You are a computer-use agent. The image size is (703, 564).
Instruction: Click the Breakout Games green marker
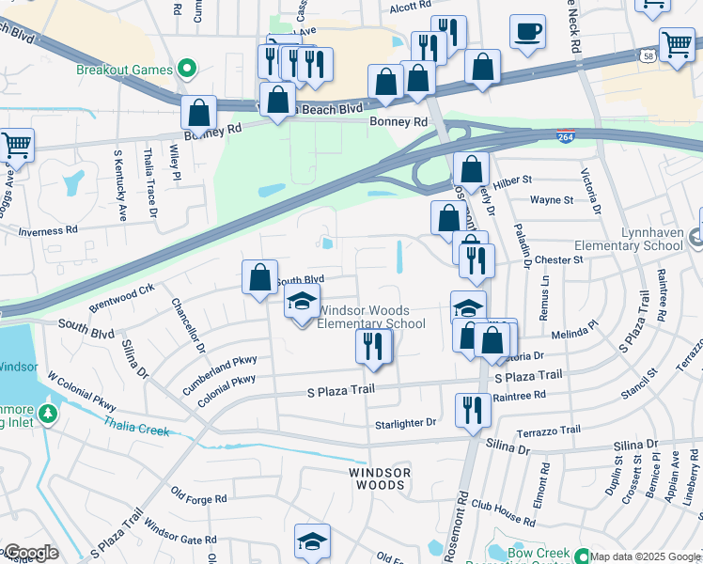point(186,69)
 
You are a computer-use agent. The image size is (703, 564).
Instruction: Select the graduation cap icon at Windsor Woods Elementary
point(302,303)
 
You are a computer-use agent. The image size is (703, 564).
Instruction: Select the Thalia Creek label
point(137,429)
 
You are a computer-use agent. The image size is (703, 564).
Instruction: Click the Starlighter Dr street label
point(405,423)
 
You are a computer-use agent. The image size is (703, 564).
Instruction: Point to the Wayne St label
point(551,200)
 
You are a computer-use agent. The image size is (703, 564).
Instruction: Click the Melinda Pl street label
point(574,334)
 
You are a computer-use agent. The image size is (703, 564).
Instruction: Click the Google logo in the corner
point(30,553)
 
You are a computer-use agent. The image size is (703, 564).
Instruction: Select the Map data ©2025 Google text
point(644,556)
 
